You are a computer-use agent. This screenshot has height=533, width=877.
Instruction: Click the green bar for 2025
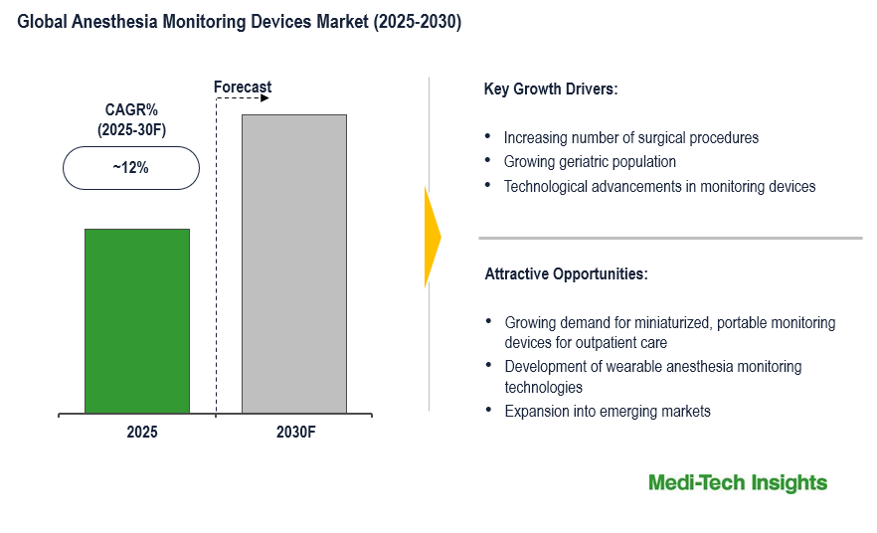tap(137, 320)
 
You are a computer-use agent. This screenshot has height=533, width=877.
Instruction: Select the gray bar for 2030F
tap(294, 264)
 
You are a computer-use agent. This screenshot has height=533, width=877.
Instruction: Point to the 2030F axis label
tap(295, 434)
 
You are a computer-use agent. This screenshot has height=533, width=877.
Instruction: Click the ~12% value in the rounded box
tap(130, 168)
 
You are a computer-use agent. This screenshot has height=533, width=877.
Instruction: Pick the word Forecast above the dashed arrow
tap(243, 87)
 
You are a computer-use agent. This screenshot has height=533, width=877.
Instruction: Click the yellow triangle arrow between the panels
tap(432, 238)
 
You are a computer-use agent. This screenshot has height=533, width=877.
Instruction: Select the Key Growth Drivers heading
tap(551, 89)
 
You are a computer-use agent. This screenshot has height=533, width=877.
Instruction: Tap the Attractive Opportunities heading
tap(566, 273)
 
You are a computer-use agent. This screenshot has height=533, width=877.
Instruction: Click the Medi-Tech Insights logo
tap(737, 483)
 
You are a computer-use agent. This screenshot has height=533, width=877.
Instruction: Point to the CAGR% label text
tap(130, 110)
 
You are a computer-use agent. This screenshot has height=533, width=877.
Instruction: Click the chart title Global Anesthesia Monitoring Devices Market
tap(240, 23)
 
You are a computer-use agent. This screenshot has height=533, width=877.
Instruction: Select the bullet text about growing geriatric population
tap(590, 161)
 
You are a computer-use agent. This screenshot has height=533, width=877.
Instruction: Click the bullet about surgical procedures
tap(630, 137)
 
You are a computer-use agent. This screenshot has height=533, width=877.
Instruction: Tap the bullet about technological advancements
tap(659, 186)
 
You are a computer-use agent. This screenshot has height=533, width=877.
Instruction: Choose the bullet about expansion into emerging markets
tap(607, 411)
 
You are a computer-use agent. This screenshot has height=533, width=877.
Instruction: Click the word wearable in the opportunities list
tap(630, 367)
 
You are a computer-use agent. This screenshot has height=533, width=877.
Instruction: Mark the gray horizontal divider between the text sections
tap(670, 238)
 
